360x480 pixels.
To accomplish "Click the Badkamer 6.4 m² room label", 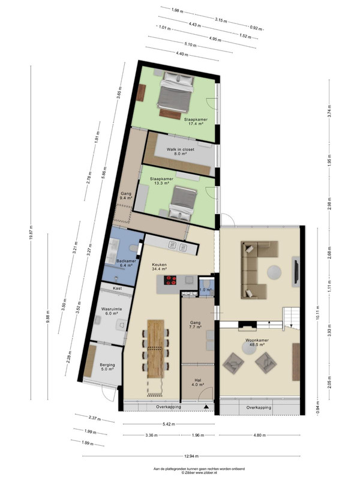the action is coord(126,263).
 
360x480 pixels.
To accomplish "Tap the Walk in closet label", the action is coord(181,149).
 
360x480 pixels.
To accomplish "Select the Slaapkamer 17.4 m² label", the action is coord(196,122).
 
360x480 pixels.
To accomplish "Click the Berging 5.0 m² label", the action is coord(107,367).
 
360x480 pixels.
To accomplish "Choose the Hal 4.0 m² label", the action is coord(197,382).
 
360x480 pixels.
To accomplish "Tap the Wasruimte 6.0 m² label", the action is coord(112,311).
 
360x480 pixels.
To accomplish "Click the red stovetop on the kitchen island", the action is coord(170,280).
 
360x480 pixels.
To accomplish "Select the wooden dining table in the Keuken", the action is coord(156,349).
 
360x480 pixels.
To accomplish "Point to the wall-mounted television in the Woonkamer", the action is coord(296,272).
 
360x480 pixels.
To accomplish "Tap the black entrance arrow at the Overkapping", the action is coord(206,407).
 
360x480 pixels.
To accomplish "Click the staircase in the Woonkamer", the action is coord(291,319).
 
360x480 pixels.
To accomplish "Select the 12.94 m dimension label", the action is coord(191,456).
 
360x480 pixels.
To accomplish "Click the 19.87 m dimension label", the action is coord(31,233).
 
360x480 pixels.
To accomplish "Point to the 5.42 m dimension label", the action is coord(169,424).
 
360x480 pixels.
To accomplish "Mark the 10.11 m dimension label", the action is coord(317,312).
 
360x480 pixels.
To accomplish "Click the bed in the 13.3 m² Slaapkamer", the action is coord(183,203).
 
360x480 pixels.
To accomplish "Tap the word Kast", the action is coord(117,289).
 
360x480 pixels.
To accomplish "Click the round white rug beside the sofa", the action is coord(274,272).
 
